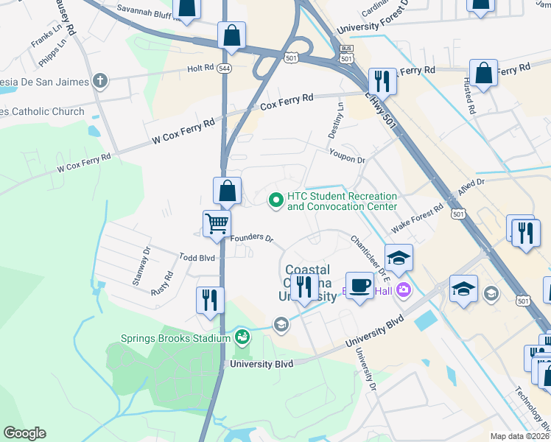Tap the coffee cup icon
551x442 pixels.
[359, 285]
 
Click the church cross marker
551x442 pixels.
[99, 81]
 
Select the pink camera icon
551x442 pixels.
[402, 290]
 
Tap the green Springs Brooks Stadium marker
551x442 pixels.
[242, 338]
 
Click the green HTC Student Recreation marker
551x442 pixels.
[276, 200]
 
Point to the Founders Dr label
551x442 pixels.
[252, 239]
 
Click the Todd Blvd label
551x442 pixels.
[197, 257]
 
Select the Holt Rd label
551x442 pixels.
[200, 69]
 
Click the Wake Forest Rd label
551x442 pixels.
[417, 219]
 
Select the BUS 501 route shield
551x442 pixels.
[346, 53]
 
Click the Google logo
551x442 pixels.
[24, 433]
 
